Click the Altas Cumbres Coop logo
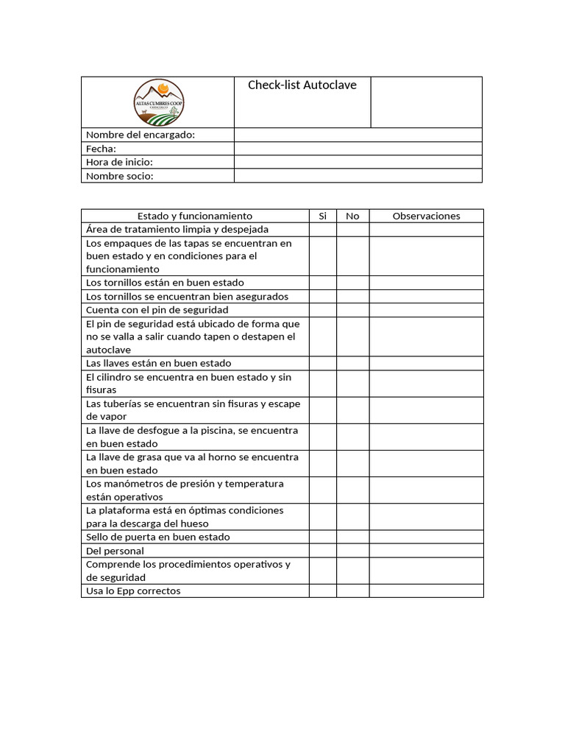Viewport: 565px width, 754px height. click(x=159, y=102)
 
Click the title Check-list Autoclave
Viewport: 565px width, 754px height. click(x=302, y=85)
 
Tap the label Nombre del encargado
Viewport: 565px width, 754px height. click(x=141, y=135)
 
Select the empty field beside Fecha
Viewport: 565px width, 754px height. click(x=358, y=149)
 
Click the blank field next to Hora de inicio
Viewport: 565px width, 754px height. click(x=358, y=162)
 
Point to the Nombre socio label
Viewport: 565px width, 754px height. click(x=120, y=176)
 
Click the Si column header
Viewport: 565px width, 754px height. click(x=322, y=216)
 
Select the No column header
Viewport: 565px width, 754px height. click(x=352, y=216)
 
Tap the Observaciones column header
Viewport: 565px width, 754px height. click(x=426, y=216)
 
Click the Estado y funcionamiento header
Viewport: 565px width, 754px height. click(x=195, y=216)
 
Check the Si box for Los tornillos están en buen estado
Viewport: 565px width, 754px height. click(x=322, y=283)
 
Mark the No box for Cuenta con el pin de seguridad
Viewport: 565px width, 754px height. click(x=352, y=310)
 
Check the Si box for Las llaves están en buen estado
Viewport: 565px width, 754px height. click(x=322, y=363)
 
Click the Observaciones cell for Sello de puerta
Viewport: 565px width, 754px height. click(x=426, y=537)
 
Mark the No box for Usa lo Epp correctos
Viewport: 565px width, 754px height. click(x=352, y=591)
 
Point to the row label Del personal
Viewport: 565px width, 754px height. click(x=115, y=551)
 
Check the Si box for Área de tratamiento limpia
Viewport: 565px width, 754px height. click(x=322, y=230)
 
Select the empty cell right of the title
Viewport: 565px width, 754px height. click(x=426, y=102)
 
